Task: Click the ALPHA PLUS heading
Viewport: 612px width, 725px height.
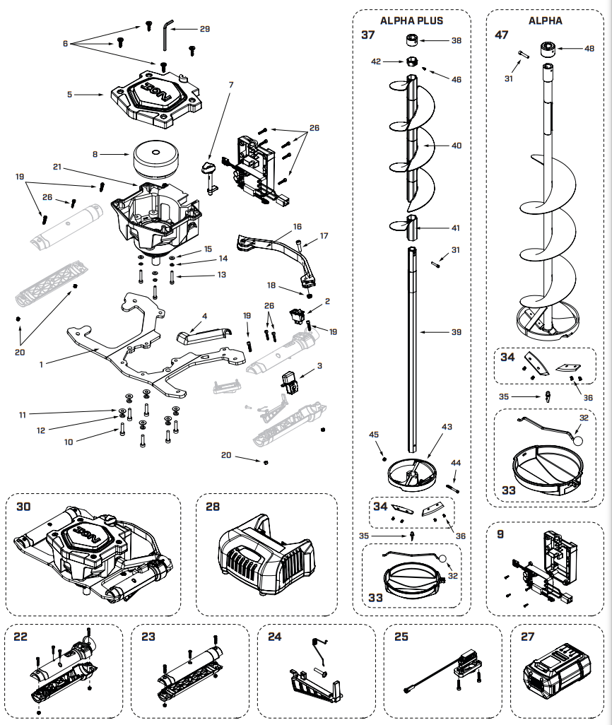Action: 411,20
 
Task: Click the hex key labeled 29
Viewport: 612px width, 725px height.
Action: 167,34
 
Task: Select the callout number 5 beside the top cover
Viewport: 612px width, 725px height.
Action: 70,94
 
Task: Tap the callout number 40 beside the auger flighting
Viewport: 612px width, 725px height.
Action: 457,146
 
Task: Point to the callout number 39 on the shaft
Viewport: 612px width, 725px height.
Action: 457,331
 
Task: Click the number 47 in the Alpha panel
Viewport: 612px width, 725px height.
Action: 502,35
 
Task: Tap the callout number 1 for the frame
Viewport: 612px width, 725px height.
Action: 42,364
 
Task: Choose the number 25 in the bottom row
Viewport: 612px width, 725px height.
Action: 401,637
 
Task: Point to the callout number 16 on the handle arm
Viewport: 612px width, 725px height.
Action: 298,227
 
